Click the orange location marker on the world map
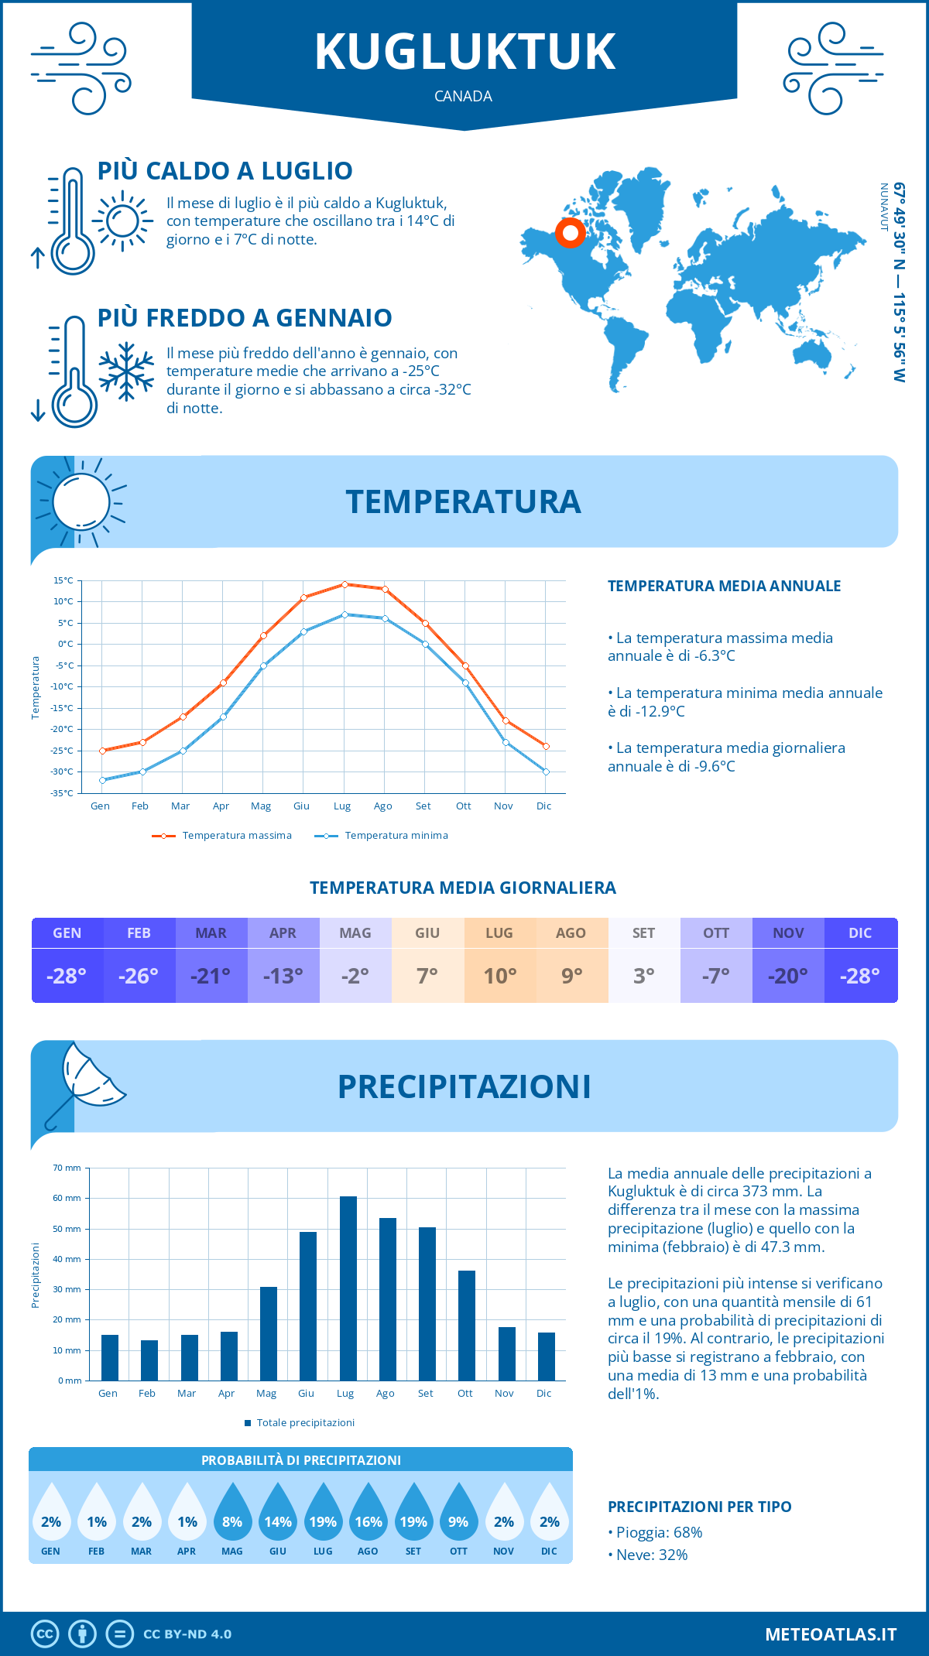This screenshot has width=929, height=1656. pyautogui.click(x=571, y=232)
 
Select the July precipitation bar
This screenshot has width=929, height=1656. pyautogui.click(x=348, y=1288)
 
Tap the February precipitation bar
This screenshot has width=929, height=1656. pyautogui.click(x=149, y=1360)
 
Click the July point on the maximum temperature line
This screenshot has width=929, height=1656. pyautogui.click(x=345, y=584)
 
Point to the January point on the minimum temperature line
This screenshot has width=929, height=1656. pyautogui.click(x=102, y=780)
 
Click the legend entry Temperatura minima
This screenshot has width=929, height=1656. pyautogui.click(x=381, y=836)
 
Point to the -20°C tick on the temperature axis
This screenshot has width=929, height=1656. pyautogui.click(x=63, y=729)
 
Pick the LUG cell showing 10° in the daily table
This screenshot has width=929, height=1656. pyautogui.click(x=499, y=976)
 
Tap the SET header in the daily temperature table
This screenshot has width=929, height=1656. pyautogui.click(x=643, y=933)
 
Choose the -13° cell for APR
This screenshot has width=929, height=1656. pyautogui.click(x=283, y=976)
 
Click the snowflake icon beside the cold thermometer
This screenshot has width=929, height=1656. pyautogui.click(x=126, y=371)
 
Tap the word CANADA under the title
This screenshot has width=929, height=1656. pyautogui.click(x=463, y=96)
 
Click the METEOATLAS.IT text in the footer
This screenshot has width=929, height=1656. pyautogui.click(x=830, y=1634)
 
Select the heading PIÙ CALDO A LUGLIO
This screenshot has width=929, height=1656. pyautogui.click(x=225, y=170)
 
